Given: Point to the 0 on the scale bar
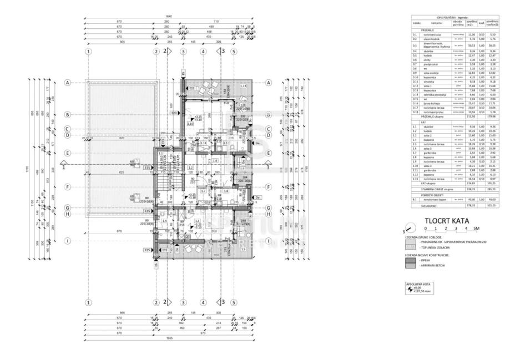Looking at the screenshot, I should pyautogui.click(x=425, y=228).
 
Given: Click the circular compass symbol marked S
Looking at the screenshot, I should pyautogui.click(x=410, y=229).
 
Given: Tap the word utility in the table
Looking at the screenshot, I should pyautogui.click(x=428, y=59).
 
